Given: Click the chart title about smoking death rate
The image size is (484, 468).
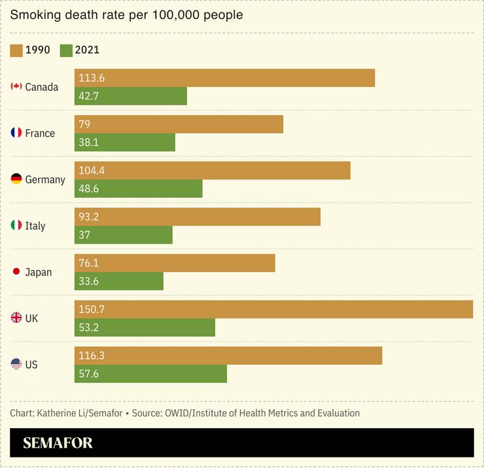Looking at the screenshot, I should pyautogui.click(x=126, y=14).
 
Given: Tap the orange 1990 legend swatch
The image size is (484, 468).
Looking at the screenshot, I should pyautogui.click(x=16, y=50).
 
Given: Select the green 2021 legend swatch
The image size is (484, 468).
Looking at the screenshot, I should pyautogui.click(x=65, y=50).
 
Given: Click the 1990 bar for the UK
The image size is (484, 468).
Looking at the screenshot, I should pyautogui.click(x=273, y=309).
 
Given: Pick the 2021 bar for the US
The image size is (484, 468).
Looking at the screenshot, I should pyautogui.click(x=150, y=374).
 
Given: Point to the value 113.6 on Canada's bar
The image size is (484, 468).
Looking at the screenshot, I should pyautogui.click(x=92, y=78).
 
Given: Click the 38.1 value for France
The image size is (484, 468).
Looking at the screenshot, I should pyautogui.click(x=89, y=142).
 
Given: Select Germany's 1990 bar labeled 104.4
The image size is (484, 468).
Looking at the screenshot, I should pyautogui.click(x=212, y=171).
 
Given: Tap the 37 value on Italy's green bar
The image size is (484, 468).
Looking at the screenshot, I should pyautogui.click(x=84, y=235).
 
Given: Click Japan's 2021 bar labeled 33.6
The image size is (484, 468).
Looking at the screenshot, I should pyautogui.click(x=118, y=281).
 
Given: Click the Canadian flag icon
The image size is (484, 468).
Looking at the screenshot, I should pyautogui.click(x=16, y=87).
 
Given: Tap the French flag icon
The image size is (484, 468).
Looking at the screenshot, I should pyautogui.click(x=16, y=133).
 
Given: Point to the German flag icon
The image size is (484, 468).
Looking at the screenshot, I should pyautogui.click(x=16, y=179).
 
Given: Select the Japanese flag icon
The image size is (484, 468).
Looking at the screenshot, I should pyautogui.click(x=16, y=272).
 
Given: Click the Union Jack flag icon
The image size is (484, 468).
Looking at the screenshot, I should pyautogui.click(x=16, y=318).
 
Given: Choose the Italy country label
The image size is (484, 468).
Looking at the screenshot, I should pyautogui.click(x=35, y=226).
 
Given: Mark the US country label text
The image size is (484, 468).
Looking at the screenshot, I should pyautogui.click(x=31, y=365).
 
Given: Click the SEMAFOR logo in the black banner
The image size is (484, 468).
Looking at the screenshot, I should pyautogui.click(x=58, y=443).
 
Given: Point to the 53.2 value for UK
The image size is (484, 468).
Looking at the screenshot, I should pyautogui.click(x=89, y=327).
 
